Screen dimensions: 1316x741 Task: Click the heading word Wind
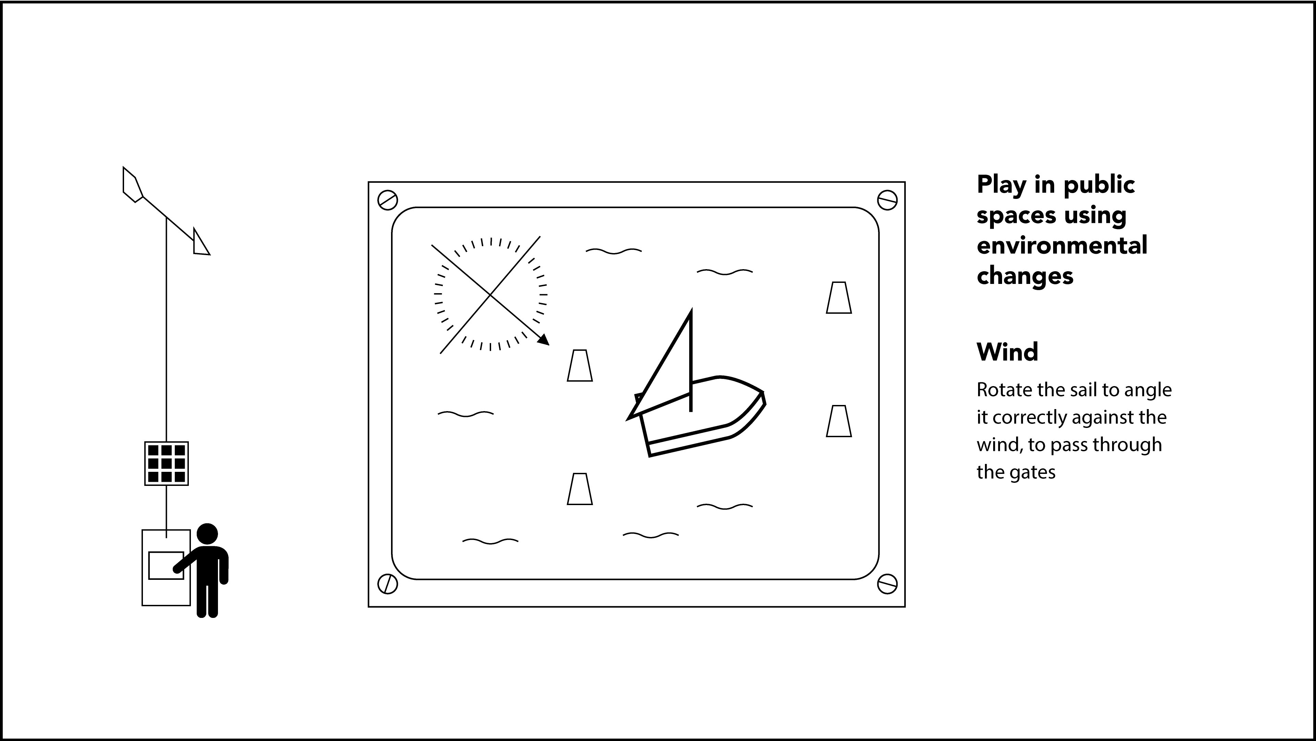point(1007,352)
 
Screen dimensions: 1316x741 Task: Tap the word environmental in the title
point(1062,245)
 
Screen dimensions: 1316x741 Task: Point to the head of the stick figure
point(207,534)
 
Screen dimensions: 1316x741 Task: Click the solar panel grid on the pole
point(167,464)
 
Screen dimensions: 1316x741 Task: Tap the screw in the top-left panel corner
point(387,200)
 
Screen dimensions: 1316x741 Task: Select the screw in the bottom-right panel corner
point(887,584)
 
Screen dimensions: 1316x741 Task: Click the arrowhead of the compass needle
point(544,340)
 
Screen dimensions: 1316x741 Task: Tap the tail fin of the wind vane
point(132,184)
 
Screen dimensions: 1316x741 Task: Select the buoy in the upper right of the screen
point(839,297)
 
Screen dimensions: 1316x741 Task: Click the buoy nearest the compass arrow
point(580,366)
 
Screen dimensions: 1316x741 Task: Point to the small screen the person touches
point(166,565)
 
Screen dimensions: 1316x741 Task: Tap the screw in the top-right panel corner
point(887,200)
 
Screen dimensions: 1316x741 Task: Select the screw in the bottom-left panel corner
point(387,584)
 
